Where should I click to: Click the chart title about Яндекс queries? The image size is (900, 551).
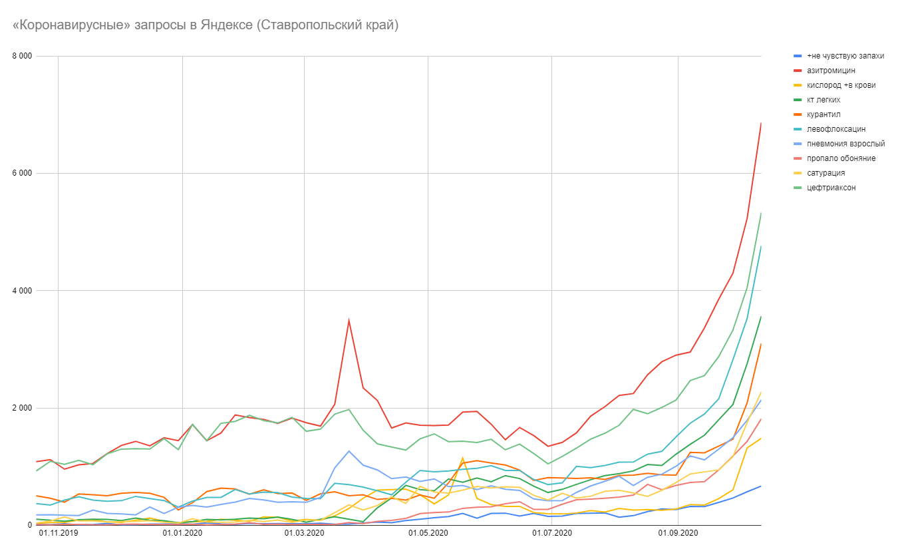pos(205,25)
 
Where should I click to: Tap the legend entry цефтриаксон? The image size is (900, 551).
pos(831,188)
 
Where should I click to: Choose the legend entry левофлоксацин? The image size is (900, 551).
pos(835,129)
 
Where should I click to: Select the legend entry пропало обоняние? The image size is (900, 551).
pos(840,158)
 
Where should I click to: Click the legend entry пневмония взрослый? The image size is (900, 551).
pos(845,144)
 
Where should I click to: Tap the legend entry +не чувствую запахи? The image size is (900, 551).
pos(845,56)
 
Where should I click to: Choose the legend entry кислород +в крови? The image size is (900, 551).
pos(841,85)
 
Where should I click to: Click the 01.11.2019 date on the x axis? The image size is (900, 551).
pos(58,534)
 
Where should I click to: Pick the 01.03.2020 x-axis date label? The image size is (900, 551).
pos(304,534)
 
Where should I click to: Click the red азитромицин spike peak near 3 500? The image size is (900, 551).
pos(349,320)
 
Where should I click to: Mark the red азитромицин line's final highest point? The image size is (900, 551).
pos(760,123)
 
